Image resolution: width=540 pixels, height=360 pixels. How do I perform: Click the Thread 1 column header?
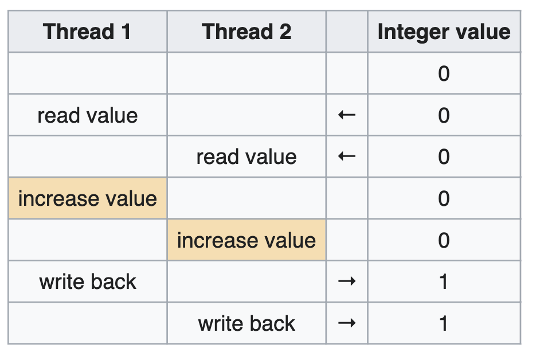coord(87,32)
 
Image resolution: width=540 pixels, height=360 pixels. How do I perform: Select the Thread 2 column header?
coord(246,32)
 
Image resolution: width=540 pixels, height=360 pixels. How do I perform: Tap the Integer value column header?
coord(444,32)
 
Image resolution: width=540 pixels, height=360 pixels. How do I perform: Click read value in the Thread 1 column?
coord(88,116)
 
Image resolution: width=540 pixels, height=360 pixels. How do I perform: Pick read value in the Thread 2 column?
coord(246,157)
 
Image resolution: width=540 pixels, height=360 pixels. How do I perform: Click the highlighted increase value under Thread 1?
coord(88,198)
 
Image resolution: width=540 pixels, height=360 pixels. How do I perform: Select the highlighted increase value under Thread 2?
coord(246,240)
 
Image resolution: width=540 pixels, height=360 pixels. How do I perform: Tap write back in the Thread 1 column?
coord(88,282)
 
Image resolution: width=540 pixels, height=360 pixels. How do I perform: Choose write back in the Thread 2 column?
coord(246,323)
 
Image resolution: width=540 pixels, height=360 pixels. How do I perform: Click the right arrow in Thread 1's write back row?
coord(347,282)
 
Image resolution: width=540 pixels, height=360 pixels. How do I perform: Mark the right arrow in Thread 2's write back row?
coord(347,323)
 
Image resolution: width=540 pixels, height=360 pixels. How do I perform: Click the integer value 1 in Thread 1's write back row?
coord(444,282)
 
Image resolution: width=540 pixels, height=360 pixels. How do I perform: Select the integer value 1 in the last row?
coord(444,323)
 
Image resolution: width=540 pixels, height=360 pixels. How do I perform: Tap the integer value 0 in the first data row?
coord(444,74)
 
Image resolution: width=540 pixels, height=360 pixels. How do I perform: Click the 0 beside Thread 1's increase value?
coord(444,198)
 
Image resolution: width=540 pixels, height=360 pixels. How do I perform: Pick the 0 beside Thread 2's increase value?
coord(444,240)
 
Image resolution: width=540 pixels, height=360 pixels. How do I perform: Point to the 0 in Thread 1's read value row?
coord(444,116)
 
